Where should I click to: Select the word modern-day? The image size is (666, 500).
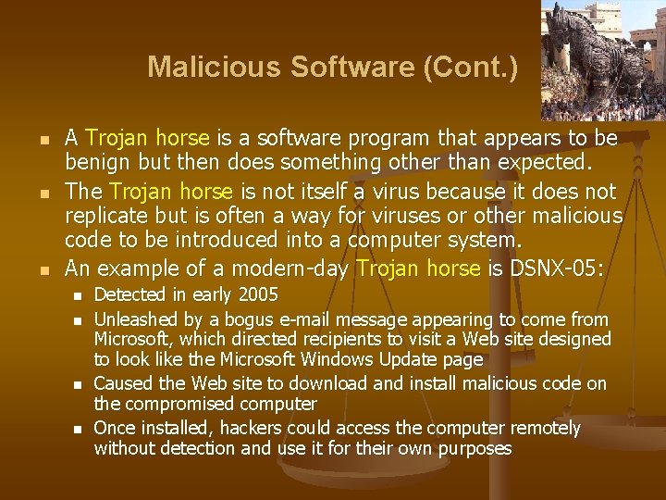tap(296, 269)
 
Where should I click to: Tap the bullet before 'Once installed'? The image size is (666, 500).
tap(80, 429)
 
